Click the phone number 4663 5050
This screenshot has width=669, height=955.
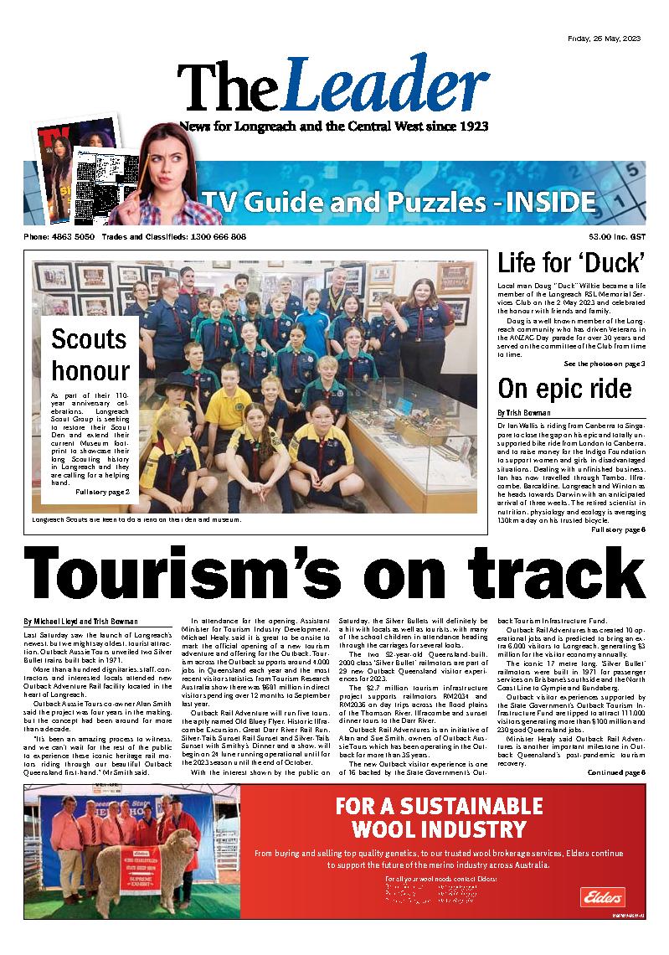[x=72, y=237]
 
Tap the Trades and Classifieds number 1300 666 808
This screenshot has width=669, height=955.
[x=216, y=237]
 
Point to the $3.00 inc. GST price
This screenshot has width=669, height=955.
[x=616, y=237]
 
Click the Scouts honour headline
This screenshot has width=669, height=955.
[x=89, y=355]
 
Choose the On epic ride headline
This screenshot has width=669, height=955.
[x=553, y=389]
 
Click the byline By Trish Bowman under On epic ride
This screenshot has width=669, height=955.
[x=524, y=413]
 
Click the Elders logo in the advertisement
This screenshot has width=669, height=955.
[x=600, y=896]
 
